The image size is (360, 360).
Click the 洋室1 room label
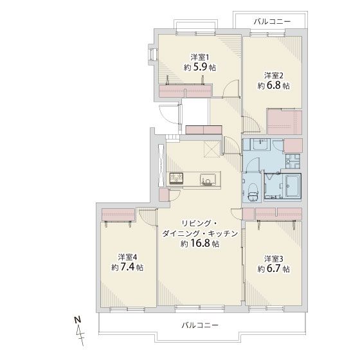pyautogui.click(x=200, y=57)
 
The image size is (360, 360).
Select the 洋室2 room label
pyautogui.click(x=273, y=75)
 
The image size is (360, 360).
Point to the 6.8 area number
pyautogui.click(x=274, y=85)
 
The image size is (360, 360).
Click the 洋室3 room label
pyautogui.click(x=273, y=259)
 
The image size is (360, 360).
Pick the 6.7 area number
pyautogui.click(x=274, y=269)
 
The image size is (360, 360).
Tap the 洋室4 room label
pyautogui.click(x=127, y=257)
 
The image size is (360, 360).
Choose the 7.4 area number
pyautogui.click(x=128, y=267)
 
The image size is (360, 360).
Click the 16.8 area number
pyautogui.click(x=200, y=244)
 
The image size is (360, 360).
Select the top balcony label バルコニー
pyautogui.click(x=273, y=22)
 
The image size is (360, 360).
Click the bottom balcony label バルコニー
pyautogui.click(x=200, y=325)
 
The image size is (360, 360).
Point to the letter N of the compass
pyautogui.click(x=78, y=319)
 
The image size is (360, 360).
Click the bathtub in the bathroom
pyautogui.click(x=292, y=186)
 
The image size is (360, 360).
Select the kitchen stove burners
pyautogui.click(x=176, y=178)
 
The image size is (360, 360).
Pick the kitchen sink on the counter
pyautogui.click(x=208, y=179)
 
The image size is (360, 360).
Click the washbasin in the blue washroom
pyautogui.click(x=260, y=144)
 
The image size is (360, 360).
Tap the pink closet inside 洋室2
pyautogui.click(x=285, y=122)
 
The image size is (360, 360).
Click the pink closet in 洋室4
pyautogui.click(x=118, y=215)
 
